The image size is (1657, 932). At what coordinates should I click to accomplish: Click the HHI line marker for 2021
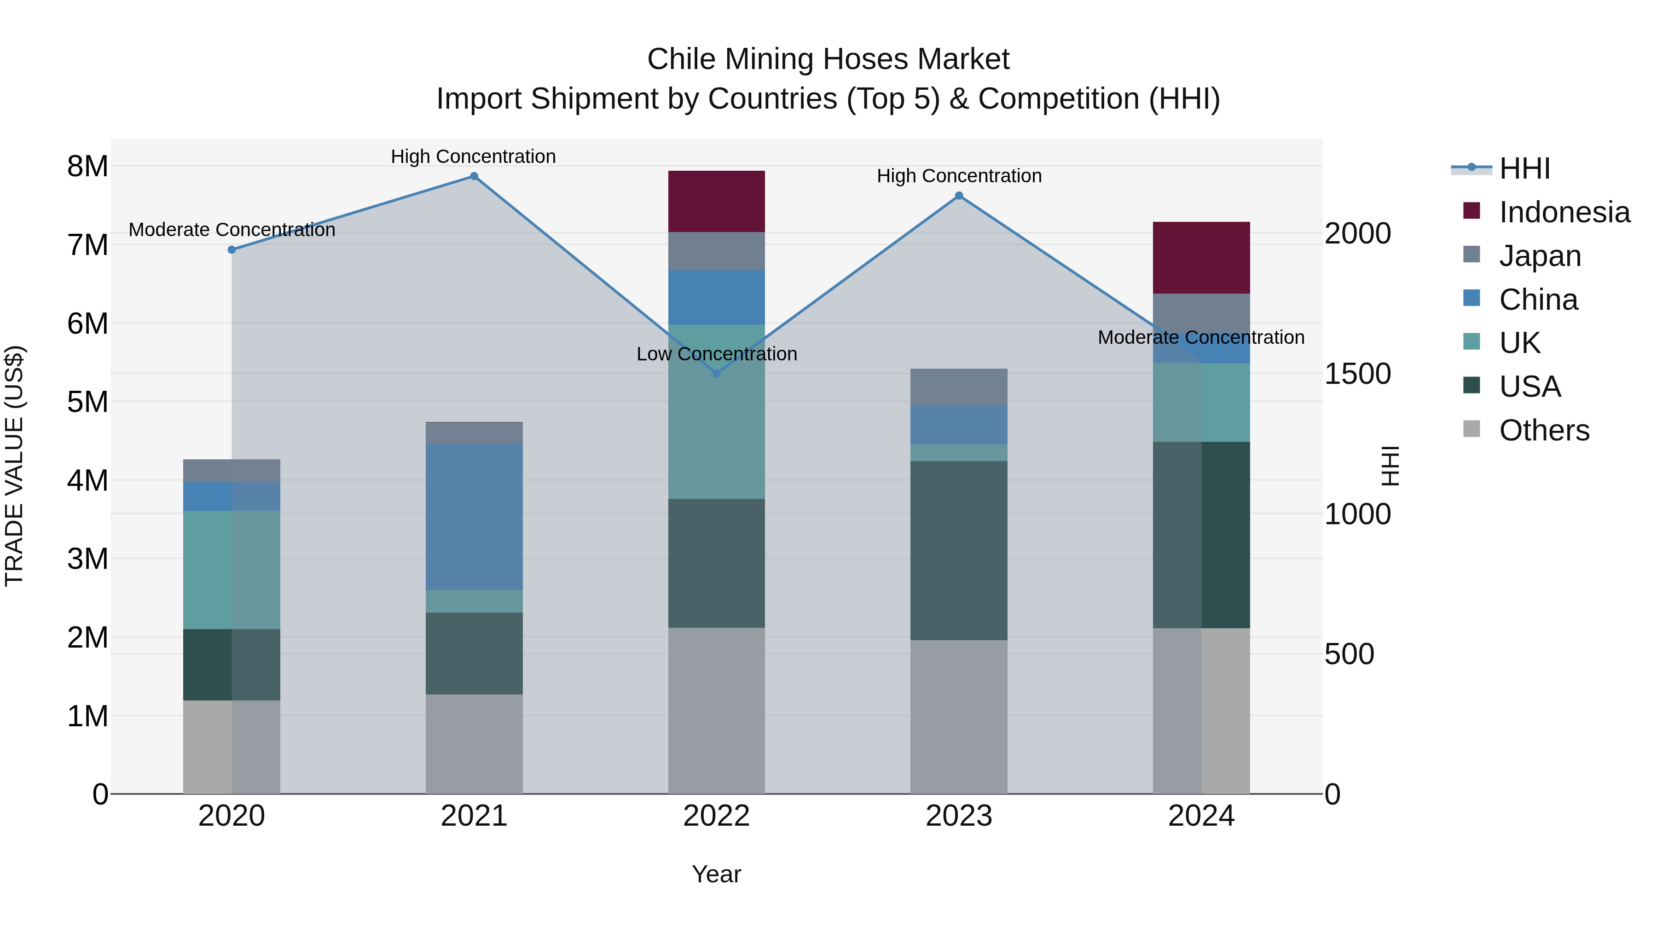click(x=474, y=176)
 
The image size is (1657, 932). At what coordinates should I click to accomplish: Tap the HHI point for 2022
click(x=717, y=373)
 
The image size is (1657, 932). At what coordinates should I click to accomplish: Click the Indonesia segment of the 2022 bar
click(x=717, y=201)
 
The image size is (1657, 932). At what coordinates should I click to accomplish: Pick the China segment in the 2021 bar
click(x=474, y=516)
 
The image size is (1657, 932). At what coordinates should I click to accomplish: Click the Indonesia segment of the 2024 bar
click(x=1201, y=257)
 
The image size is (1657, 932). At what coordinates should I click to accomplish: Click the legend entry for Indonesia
click(x=1563, y=212)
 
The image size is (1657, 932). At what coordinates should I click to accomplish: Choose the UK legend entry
click(x=1519, y=343)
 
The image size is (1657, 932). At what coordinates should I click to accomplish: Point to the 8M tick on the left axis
click(x=87, y=167)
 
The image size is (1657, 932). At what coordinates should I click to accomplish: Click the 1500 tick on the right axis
click(x=1357, y=374)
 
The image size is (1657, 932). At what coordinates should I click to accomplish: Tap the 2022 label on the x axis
click(x=717, y=816)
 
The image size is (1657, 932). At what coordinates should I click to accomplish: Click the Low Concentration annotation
click(x=717, y=354)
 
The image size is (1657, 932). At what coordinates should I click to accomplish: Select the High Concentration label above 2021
click(x=474, y=156)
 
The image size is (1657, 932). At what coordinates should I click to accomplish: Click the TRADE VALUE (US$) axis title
click(x=14, y=466)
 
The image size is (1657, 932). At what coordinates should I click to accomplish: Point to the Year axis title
click(x=717, y=874)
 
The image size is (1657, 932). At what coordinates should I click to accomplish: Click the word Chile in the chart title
click(x=681, y=59)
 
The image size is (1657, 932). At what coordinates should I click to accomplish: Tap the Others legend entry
click(x=1543, y=430)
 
